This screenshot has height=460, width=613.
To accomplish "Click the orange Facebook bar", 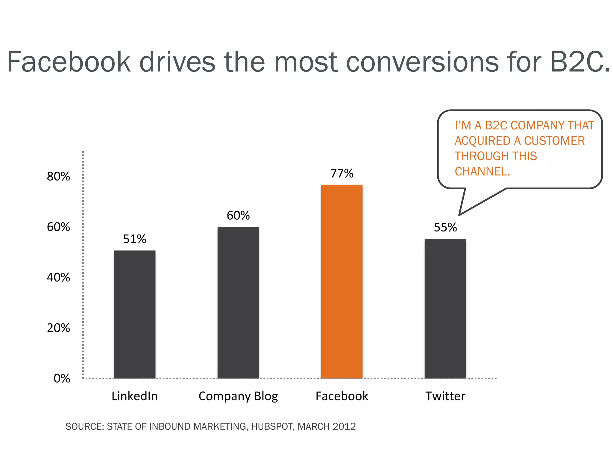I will tap(342, 282).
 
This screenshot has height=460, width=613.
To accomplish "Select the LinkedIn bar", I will tap(134, 314).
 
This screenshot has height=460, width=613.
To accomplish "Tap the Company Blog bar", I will tap(238, 302).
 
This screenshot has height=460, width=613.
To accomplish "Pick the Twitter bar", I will tap(445, 308).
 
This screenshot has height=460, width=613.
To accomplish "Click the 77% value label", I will tap(342, 173).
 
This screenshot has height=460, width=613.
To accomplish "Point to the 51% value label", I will tap(134, 239).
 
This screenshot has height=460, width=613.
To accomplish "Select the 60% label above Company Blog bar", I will tap(238, 216).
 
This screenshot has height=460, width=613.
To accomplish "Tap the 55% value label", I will tap(445, 228).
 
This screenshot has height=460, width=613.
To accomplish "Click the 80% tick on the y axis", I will tap(58, 176).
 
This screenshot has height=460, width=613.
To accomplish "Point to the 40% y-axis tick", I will tap(58, 277).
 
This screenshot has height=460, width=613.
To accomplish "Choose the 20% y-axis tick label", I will tap(58, 328).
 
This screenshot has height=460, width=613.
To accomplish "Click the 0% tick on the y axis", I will tap(62, 379).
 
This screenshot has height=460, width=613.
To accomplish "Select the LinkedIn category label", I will tap(134, 396).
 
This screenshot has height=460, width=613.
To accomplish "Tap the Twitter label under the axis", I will tap(445, 396).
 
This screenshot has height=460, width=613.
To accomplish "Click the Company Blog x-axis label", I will tap(238, 396).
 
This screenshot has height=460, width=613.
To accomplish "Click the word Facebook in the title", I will tap(69, 62).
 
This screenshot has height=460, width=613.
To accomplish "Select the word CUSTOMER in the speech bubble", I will tap(554, 141).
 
